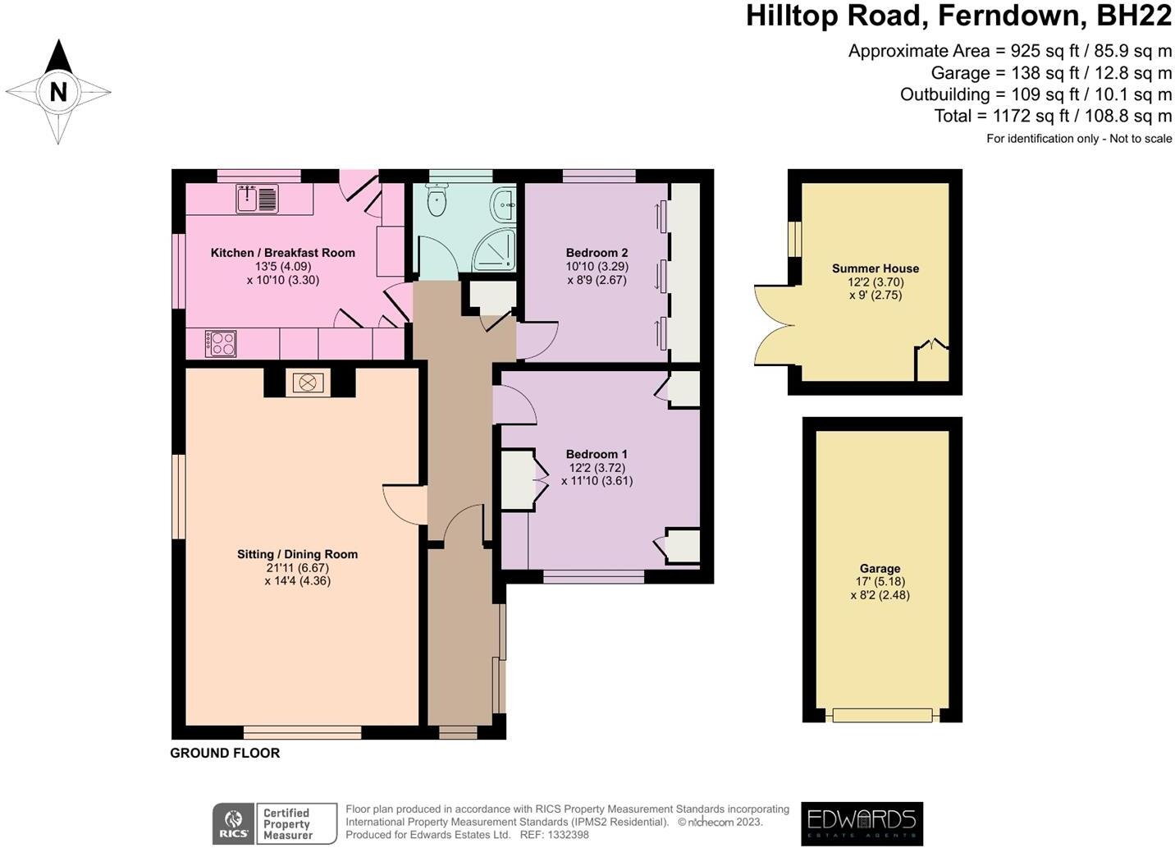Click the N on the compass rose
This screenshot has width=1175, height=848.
tap(57, 91)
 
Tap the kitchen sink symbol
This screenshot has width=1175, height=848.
tap(257, 199)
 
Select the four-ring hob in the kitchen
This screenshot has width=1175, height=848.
tap(220, 343)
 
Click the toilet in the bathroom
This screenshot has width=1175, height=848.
tap(437, 199)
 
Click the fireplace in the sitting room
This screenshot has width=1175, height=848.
tap(308, 383)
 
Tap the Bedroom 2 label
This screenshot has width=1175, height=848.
tap(597, 253)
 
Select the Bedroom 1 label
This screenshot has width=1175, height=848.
tap(597, 454)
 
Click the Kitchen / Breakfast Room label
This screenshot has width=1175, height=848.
tap(282, 253)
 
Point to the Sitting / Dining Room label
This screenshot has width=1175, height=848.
tap(297, 554)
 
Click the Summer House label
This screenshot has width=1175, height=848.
tap(875, 268)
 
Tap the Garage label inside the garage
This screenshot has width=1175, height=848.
tap(880, 568)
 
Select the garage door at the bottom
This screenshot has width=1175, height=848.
tap(882, 715)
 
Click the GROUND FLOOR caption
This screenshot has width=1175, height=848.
tap(225, 753)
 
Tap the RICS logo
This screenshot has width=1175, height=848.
tap(233, 823)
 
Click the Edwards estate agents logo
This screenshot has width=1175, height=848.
tap(862, 823)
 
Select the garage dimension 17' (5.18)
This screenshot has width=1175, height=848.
tap(880, 582)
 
